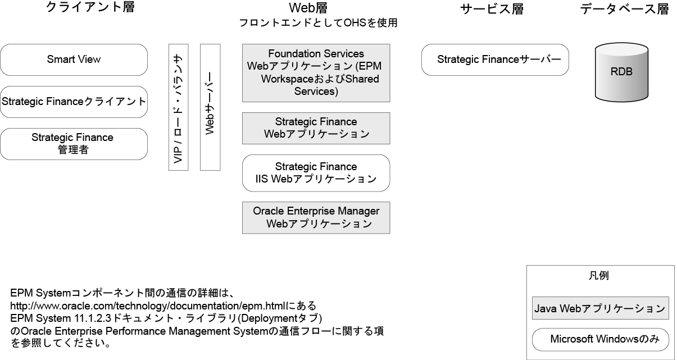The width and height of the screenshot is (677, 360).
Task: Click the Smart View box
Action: [74, 60]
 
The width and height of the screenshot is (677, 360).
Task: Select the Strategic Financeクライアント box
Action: [74, 102]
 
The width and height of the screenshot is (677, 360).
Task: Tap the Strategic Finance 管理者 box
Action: [74, 144]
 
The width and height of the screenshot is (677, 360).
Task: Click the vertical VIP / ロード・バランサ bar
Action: [178, 107]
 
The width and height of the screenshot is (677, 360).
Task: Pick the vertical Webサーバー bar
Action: [210, 107]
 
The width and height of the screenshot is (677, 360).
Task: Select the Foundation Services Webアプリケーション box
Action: [316, 73]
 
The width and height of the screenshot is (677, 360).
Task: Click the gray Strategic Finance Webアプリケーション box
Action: [316, 128]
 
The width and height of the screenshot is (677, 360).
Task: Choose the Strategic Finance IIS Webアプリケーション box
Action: [316, 173]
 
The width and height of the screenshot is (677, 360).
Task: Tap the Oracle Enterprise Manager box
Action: [316, 217]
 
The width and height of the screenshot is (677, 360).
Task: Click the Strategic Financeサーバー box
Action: [495, 60]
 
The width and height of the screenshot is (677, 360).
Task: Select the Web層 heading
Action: [316, 9]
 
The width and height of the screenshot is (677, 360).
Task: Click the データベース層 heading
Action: [625, 9]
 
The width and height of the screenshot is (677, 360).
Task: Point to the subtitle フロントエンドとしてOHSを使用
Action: [318, 24]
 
